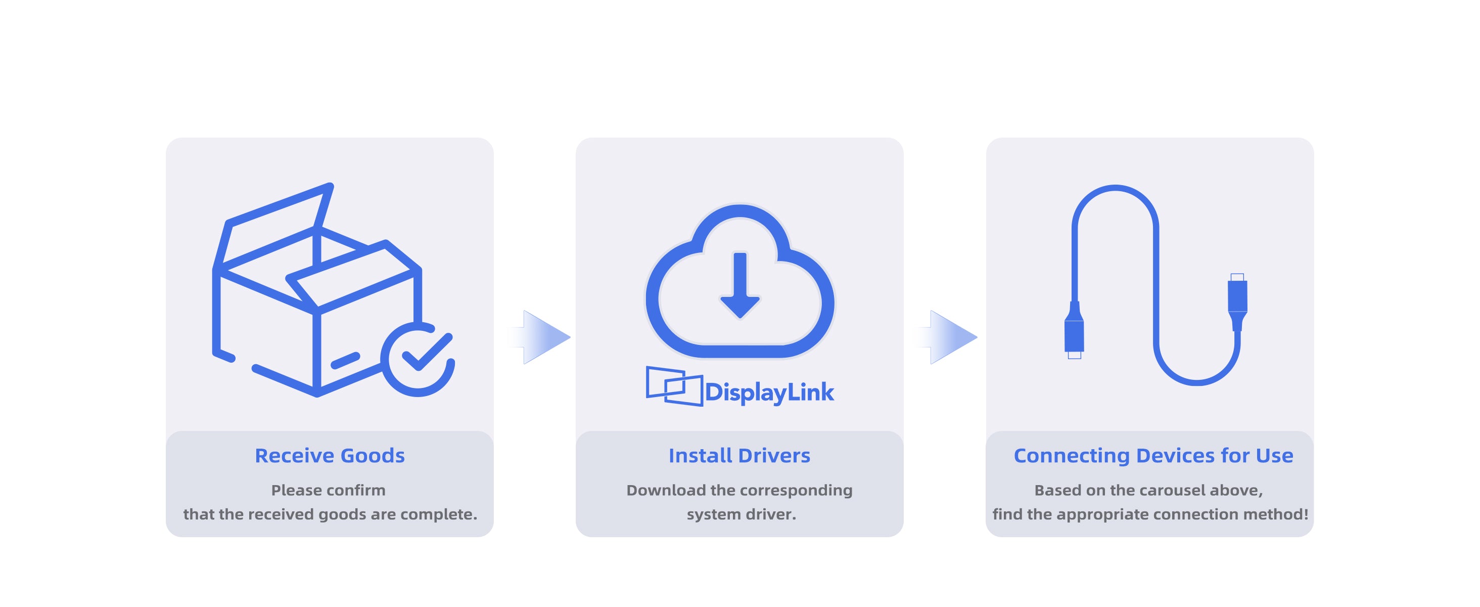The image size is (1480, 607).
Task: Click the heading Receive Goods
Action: [330, 455]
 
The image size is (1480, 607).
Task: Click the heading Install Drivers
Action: [739, 455]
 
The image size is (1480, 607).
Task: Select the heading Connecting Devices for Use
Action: [1153, 455]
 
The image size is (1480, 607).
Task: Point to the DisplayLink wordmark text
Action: [769, 393]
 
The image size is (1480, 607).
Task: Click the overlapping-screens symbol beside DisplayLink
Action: [674, 385]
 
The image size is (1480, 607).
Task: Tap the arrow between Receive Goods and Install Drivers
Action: [540, 337]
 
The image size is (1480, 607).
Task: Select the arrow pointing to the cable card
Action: [947, 337]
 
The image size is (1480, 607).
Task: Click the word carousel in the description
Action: [1172, 490]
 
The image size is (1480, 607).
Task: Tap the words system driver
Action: [741, 514]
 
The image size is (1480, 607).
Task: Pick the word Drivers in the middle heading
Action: [774, 455]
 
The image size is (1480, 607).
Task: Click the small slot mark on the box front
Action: [345, 360]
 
